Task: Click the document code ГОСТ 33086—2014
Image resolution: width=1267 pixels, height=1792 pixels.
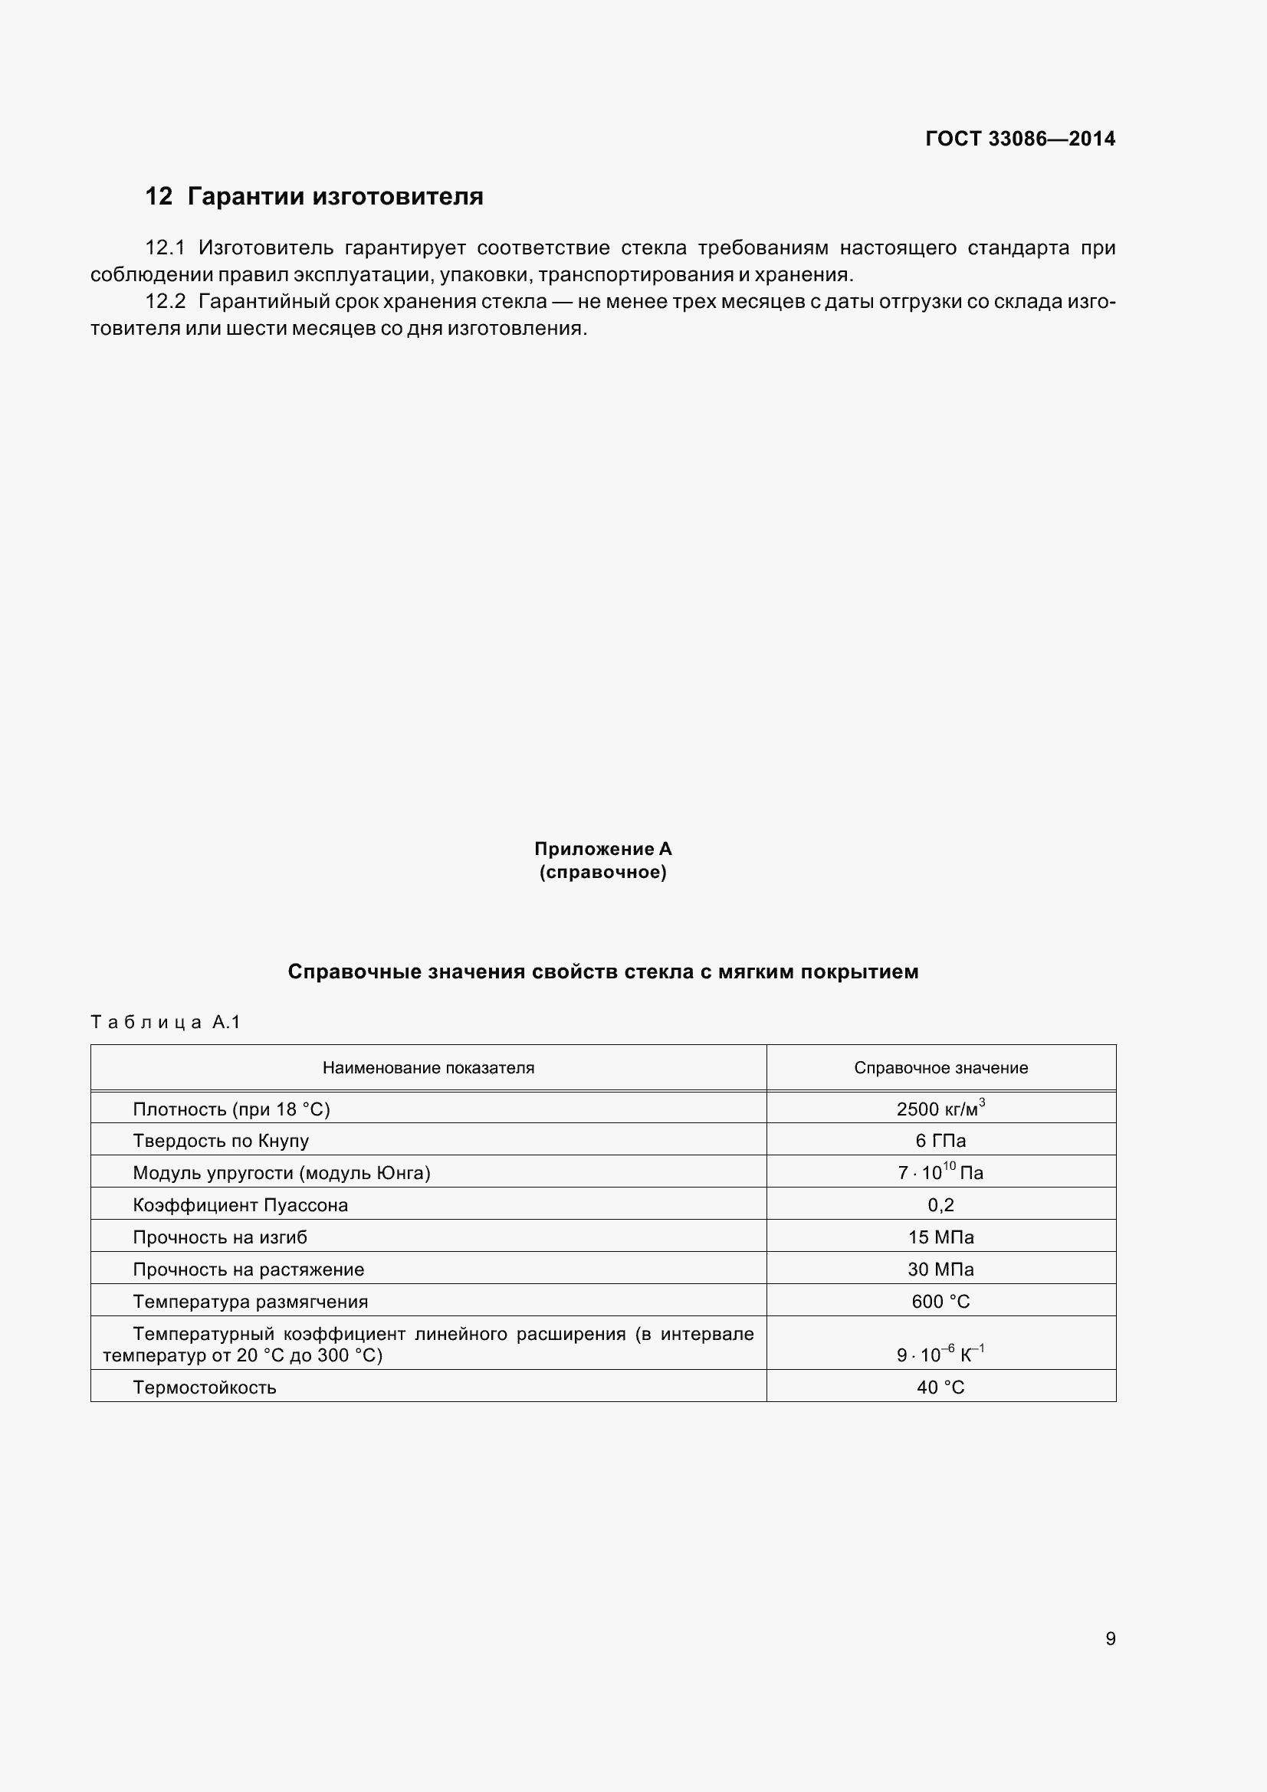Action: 1019,139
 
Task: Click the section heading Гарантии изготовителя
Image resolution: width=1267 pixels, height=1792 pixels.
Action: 336,196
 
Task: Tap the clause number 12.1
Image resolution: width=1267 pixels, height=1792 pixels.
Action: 165,248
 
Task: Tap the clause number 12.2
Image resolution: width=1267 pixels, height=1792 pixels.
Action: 165,302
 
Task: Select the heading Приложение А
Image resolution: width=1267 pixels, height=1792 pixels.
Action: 602,848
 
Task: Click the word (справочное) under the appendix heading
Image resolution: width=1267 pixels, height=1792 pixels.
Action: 602,872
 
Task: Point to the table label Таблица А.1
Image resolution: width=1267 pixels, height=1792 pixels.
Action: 166,1022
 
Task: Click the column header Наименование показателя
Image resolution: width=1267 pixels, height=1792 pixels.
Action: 428,1068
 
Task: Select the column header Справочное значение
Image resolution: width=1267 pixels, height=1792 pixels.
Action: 940,1068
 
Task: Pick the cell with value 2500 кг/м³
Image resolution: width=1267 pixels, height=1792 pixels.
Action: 940,1109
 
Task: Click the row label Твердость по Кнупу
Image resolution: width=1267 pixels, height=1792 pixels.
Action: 221,1141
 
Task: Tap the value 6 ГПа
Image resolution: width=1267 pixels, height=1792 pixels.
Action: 940,1141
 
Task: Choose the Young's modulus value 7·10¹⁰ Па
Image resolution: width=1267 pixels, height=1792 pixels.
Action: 940,1173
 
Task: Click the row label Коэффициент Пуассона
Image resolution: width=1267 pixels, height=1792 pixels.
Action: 241,1205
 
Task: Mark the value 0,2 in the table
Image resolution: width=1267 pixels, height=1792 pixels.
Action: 940,1205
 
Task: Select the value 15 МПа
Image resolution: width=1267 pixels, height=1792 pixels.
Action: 940,1237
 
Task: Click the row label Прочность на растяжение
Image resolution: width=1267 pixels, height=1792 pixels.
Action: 248,1269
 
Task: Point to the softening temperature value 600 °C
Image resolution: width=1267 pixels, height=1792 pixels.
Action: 940,1301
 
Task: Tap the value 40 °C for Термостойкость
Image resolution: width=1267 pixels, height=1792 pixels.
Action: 940,1387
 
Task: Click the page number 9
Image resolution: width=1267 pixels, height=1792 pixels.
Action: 1110,1639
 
